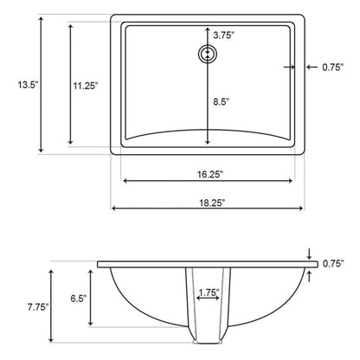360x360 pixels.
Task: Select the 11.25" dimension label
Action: (x=85, y=85)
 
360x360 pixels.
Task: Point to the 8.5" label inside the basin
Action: (x=222, y=100)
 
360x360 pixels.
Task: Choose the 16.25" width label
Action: (x=209, y=174)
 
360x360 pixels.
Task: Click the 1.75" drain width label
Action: (x=208, y=293)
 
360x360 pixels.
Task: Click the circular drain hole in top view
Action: (x=208, y=55)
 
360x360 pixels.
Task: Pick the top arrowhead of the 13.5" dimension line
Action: (x=42, y=18)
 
